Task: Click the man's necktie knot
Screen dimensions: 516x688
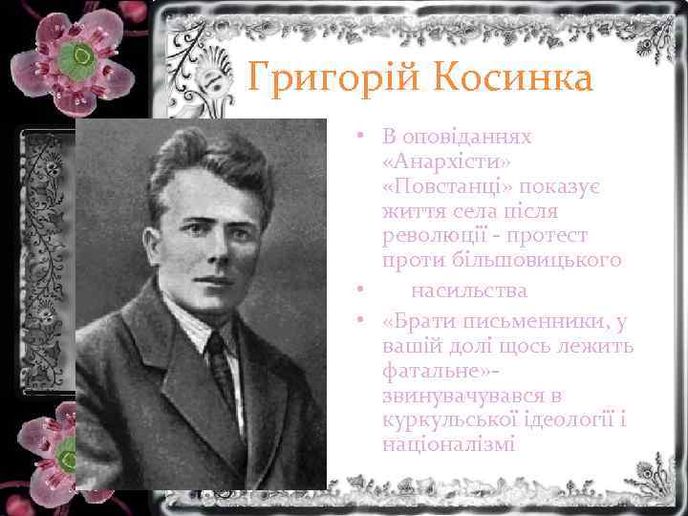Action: pos(217,341)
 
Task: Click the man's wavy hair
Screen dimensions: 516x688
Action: pos(205,153)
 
